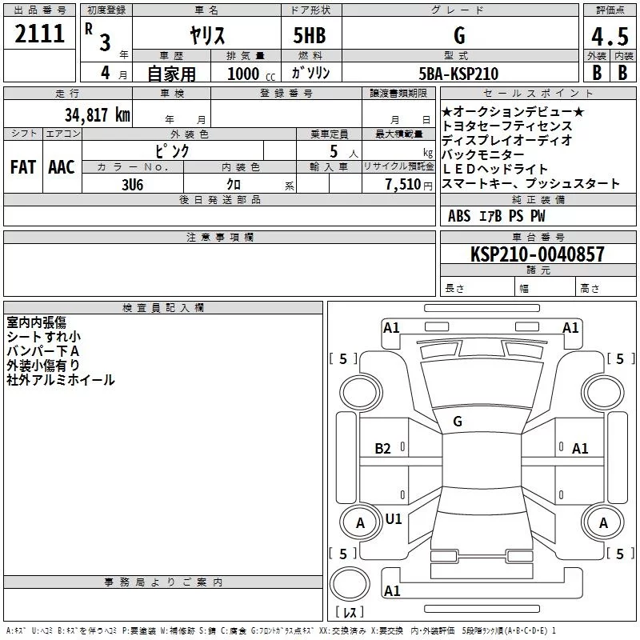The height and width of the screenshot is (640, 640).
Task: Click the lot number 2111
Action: pyautogui.click(x=39, y=34)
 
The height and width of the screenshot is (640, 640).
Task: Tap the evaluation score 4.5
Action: pyautogui.click(x=610, y=36)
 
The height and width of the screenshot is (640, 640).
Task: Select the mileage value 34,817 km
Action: pyautogui.click(x=98, y=115)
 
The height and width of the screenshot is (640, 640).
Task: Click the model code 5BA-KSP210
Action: pyautogui.click(x=458, y=74)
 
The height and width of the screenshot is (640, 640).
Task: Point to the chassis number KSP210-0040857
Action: pyautogui.click(x=537, y=254)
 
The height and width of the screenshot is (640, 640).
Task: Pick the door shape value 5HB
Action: pyautogui.click(x=310, y=35)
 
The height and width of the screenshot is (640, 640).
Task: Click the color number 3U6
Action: pyautogui.click(x=132, y=185)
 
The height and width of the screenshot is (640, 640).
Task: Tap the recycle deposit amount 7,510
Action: pyautogui.click(x=403, y=185)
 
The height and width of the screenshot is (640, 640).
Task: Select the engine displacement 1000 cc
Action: pyautogui.click(x=251, y=74)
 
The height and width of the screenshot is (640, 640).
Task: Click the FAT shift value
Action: pyautogui.click(x=23, y=167)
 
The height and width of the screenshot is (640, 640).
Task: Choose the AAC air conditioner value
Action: pyautogui.click(x=62, y=167)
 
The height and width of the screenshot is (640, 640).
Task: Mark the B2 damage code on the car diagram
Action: pyautogui.click(x=382, y=449)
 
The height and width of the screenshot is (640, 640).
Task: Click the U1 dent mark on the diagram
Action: pyautogui.click(x=394, y=519)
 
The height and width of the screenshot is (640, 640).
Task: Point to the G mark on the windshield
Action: pyautogui.click(x=458, y=422)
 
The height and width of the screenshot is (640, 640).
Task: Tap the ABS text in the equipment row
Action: pyautogui.click(x=459, y=216)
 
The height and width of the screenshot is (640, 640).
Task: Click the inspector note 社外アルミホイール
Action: pyautogui.click(x=61, y=380)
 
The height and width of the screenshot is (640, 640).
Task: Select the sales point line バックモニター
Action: pyautogui.click(x=483, y=154)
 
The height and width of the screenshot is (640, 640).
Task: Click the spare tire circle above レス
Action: pyautogui.click(x=350, y=584)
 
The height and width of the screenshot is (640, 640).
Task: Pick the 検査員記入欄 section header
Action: pyautogui.click(x=163, y=308)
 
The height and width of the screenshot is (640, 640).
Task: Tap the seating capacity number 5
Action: pyautogui.click(x=334, y=151)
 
